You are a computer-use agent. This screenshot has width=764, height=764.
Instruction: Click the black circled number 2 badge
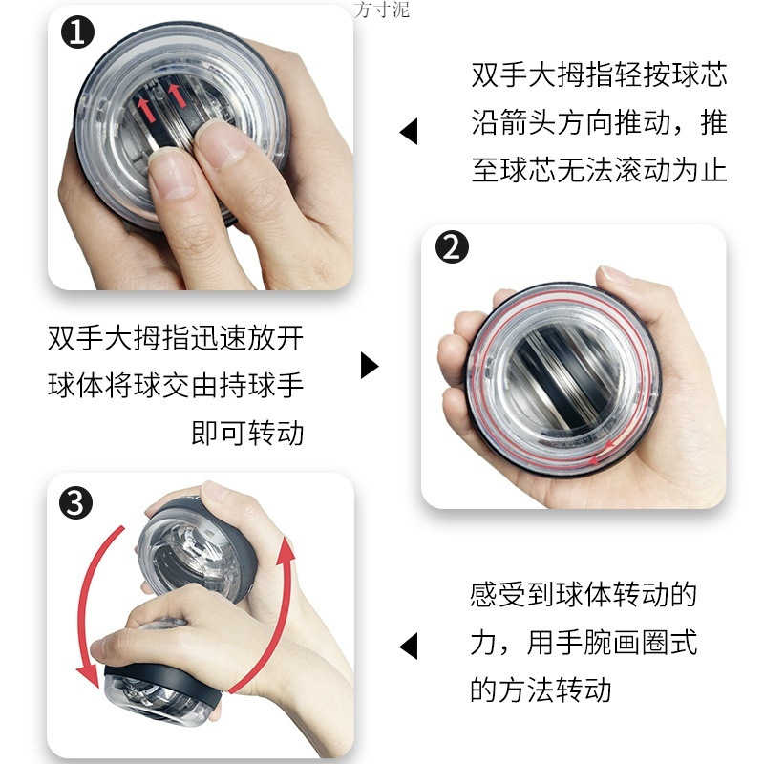[x=453, y=248]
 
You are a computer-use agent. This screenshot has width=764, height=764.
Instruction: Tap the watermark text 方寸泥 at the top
[x=381, y=11]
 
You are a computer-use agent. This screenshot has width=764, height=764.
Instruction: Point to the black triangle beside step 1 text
[x=409, y=131]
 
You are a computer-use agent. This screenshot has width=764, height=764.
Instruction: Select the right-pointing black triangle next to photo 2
[x=370, y=366]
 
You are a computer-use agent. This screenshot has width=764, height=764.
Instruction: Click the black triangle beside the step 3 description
[x=409, y=646]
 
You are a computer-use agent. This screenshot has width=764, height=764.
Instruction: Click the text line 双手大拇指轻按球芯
[x=599, y=75]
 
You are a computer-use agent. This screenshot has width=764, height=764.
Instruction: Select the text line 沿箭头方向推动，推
[x=599, y=123]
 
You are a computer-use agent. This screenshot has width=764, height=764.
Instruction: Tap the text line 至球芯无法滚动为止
[x=599, y=171]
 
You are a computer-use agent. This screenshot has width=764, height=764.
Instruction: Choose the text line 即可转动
[x=247, y=434]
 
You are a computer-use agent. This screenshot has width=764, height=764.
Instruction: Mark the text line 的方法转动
[x=541, y=689]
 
